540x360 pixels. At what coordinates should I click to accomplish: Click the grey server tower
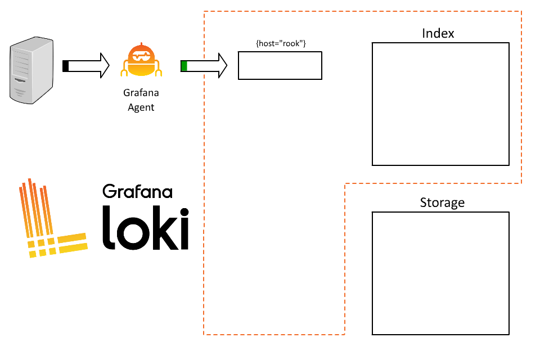pos(31,70)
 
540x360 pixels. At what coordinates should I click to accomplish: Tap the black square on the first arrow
pos(65,66)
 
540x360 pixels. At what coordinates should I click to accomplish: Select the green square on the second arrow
pos(184,66)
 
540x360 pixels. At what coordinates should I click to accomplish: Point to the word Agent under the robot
pos(141,107)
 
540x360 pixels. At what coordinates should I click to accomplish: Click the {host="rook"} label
pos(280,43)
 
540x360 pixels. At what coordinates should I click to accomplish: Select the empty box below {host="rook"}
pos(280,66)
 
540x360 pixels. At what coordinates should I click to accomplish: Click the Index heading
pos(438,34)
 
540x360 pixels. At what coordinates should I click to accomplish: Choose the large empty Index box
pos(440,104)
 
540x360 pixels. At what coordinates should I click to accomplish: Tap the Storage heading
pos(442,202)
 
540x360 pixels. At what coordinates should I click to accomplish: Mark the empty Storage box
pos(440,273)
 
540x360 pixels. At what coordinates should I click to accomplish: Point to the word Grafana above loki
pos(137,191)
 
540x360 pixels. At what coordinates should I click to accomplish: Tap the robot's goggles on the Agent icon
pos(141,56)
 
